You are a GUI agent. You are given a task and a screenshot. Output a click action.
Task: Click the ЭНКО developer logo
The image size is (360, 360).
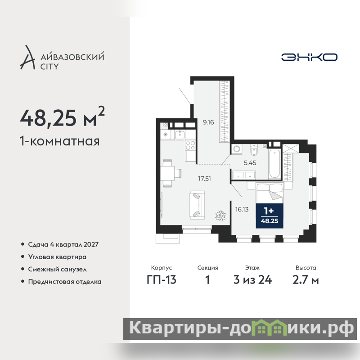pyautogui.click(x=309, y=57)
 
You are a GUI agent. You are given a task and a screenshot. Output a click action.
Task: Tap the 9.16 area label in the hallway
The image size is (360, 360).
pyautogui.click(x=208, y=122)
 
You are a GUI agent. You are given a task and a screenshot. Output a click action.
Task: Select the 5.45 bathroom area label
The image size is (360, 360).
pyautogui.click(x=250, y=163)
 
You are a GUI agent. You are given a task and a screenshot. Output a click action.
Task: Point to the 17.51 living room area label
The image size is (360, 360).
pyautogui.click(x=205, y=179)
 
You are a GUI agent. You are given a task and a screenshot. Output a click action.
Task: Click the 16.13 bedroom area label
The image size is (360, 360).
pyautogui.click(x=242, y=209)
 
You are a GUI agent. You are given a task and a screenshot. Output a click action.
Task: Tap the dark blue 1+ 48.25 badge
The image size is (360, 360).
pyautogui.click(x=270, y=216)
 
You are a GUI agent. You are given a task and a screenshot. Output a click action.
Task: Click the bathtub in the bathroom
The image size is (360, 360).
pyautogui.click(x=274, y=164)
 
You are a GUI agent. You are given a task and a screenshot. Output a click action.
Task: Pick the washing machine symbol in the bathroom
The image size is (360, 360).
pyautogui.click(x=237, y=149)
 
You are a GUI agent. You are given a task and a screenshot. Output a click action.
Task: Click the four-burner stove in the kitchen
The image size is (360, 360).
pyautogui.click(x=190, y=145)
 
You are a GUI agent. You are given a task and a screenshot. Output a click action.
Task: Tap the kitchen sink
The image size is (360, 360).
pyautogui.click(x=180, y=135)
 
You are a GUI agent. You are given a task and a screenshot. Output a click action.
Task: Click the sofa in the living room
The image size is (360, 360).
pyautogui.click(x=197, y=205)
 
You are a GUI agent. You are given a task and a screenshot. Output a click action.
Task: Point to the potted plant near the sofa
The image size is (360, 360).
pyautogui.click(x=220, y=216)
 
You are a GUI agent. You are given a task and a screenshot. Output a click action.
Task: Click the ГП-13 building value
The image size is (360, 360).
pyautogui.click(x=162, y=280)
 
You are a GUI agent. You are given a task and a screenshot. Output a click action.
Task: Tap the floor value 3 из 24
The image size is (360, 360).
pyautogui.click(x=252, y=280)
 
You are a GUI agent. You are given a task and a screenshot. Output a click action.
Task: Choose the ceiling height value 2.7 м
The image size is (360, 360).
pyautogui.click(x=306, y=280)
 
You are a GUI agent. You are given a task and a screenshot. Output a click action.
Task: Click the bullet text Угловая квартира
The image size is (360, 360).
pyautogui.click(x=57, y=257)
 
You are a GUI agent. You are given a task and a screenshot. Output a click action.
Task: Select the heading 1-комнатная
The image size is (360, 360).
pyautogui.click(x=60, y=141)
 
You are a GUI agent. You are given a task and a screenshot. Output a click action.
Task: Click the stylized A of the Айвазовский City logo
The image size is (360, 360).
pyautogui.click(x=27, y=57)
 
